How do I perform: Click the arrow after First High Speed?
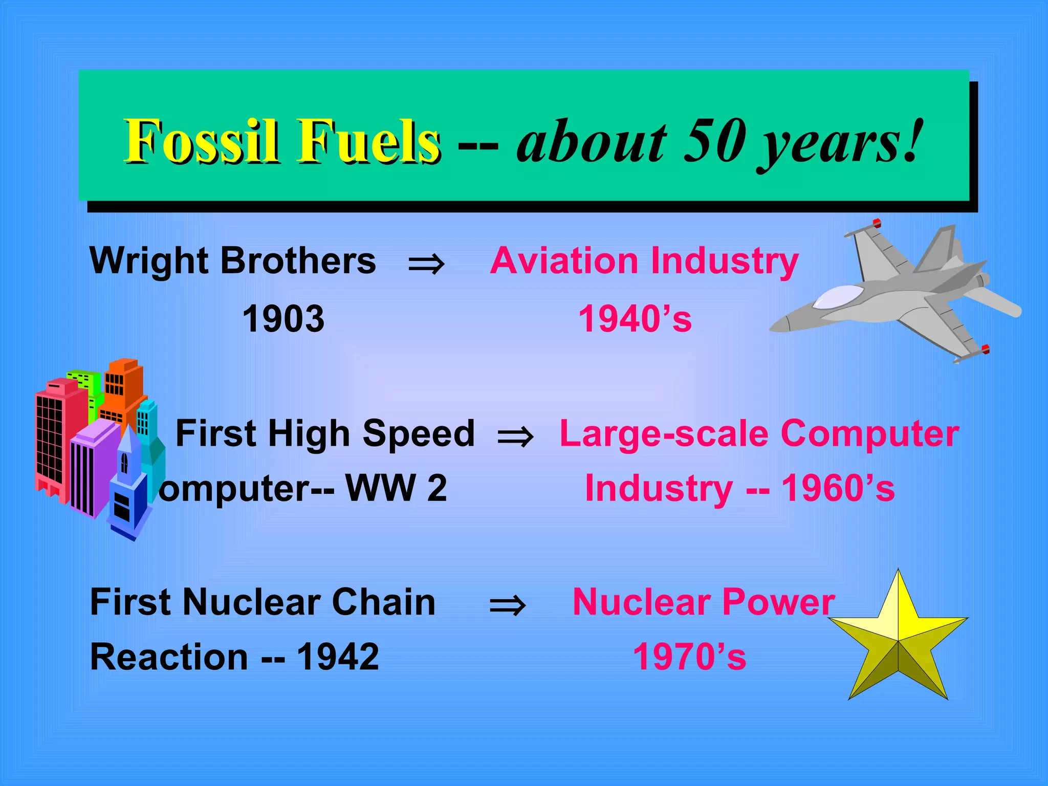(515, 437)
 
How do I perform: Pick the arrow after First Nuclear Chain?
(507, 605)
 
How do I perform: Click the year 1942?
(338, 657)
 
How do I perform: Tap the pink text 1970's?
(689, 657)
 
